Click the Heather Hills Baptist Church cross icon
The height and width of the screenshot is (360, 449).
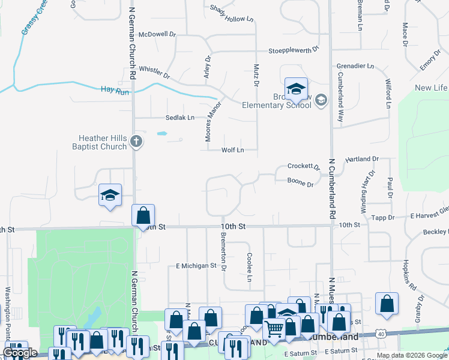click(x=136, y=142)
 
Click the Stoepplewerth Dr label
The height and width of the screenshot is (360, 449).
click(x=294, y=50)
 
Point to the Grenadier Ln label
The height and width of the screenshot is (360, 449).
click(x=355, y=65)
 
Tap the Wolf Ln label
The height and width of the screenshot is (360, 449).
click(x=233, y=150)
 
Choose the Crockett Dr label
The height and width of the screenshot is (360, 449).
click(x=303, y=166)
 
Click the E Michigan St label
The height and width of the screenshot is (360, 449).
click(x=196, y=265)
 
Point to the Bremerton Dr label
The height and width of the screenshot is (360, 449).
click(x=223, y=258)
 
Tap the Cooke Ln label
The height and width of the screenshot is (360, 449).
click(x=249, y=266)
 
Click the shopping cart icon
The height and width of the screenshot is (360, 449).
click(x=274, y=328)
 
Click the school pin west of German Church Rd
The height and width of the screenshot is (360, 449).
click(x=110, y=194)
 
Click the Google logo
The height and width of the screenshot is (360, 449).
click(x=20, y=353)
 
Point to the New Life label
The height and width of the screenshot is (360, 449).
click(x=431, y=88)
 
